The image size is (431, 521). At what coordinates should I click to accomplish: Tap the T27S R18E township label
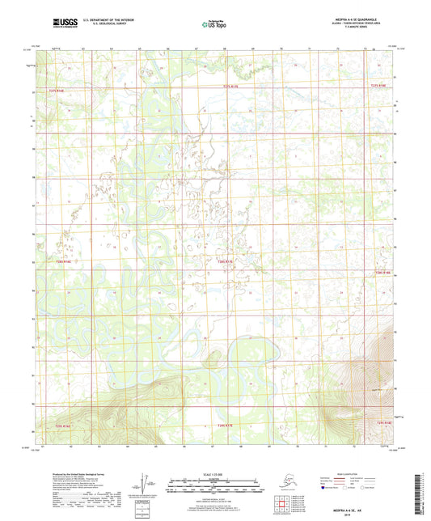pyautogui.click(x=379, y=85)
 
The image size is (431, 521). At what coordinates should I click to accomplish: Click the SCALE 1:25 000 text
pyautogui.click(x=214, y=473)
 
